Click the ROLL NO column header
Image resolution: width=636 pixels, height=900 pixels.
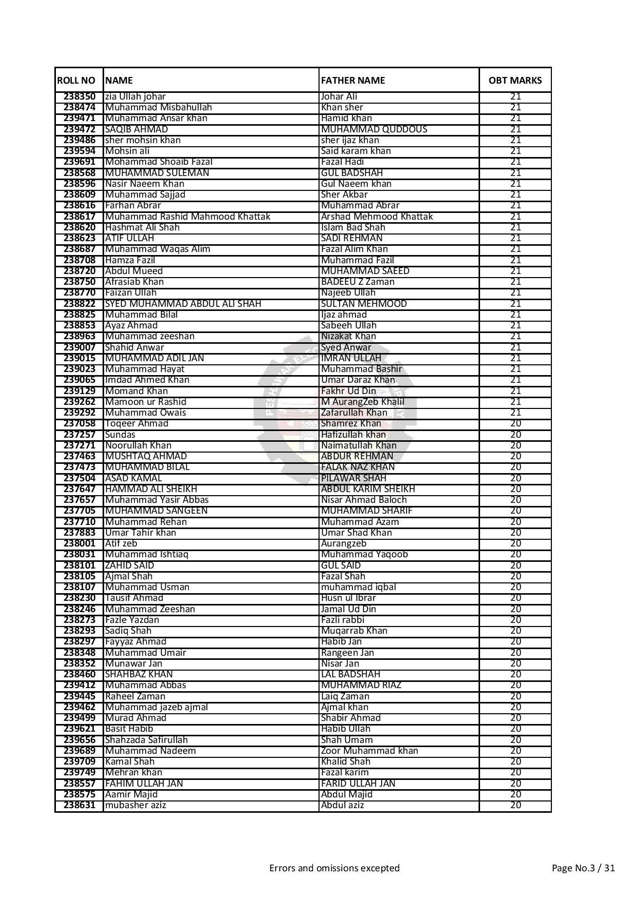tap(76, 81)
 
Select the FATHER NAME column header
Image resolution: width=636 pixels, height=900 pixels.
tap(353, 81)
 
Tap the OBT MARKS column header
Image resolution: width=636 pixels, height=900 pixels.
tap(515, 81)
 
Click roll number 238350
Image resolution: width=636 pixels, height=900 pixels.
tap(79, 96)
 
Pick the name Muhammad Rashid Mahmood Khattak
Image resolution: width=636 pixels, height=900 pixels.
tap(188, 217)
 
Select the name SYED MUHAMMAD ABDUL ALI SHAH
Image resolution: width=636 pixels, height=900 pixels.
tap(183, 304)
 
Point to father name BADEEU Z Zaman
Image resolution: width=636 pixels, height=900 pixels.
tap(357, 282)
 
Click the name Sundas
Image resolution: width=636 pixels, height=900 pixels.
tap(120, 435)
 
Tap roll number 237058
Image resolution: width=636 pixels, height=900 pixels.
tap(79, 424)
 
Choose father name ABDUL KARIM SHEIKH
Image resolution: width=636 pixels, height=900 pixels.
tap(368, 489)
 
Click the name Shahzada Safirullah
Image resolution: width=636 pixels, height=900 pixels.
tap(146, 740)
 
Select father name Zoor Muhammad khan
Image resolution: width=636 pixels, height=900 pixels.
tap(369, 751)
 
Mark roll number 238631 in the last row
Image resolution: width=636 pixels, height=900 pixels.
tap(79, 805)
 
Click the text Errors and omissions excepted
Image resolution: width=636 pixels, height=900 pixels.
tap(334, 868)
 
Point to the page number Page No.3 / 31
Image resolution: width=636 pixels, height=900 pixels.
tap(583, 868)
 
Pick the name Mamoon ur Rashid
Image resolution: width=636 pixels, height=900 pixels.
tap(146, 402)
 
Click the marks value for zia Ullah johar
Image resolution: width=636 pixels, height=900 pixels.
tap(515, 96)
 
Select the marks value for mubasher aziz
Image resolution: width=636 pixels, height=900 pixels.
tap(515, 805)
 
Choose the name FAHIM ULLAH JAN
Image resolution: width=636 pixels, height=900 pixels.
tap(144, 784)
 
